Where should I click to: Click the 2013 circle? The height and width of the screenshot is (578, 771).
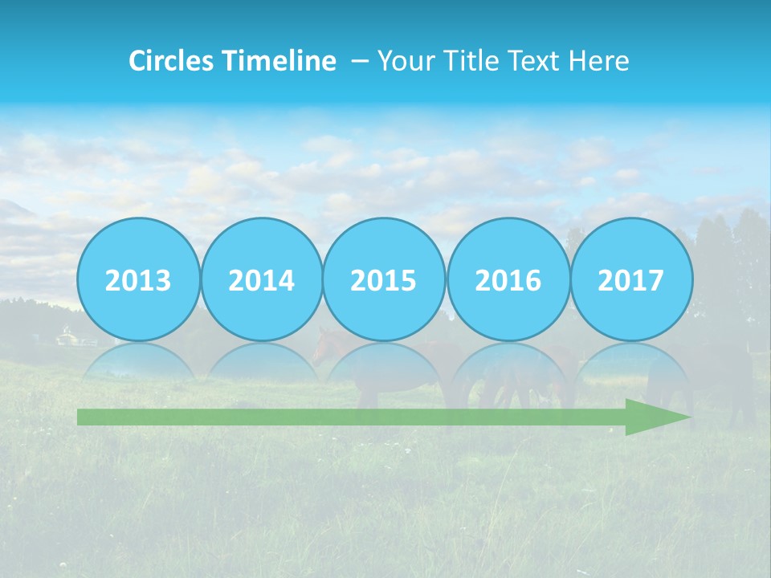[138, 279]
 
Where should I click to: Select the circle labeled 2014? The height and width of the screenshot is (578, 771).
[262, 279]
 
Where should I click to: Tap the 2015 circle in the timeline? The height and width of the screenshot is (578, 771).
[384, 279]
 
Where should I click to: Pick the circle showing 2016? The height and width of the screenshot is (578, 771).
[508, 279]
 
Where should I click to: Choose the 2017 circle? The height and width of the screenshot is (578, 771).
[631, 279]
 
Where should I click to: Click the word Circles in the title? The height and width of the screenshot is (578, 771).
[170, 60]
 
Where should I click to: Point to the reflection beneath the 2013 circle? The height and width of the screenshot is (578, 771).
[138, 361]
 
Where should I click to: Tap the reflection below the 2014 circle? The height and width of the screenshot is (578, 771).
[262, 361]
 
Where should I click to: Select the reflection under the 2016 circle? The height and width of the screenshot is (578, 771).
[508, 361]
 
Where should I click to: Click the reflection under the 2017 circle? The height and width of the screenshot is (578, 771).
[631, 361]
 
